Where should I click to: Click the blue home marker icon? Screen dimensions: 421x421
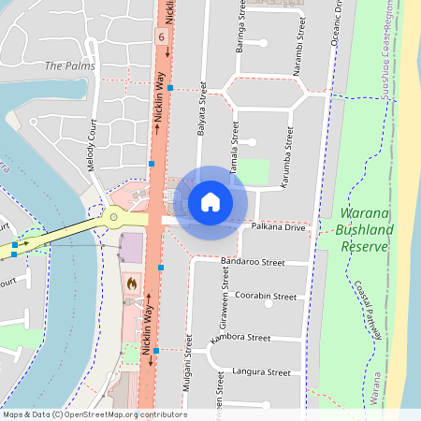pos(210,202)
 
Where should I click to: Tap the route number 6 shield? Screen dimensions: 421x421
pos(161,36)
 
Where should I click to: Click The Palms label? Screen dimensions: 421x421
pos(69,66)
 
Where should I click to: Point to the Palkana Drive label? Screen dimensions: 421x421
pos(279,227)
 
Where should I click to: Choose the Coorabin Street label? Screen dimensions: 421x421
pos(266,297)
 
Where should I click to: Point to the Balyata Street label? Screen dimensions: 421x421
pos(202,109)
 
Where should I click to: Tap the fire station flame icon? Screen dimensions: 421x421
pos(131,282)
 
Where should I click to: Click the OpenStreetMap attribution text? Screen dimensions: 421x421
pos(94,414)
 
